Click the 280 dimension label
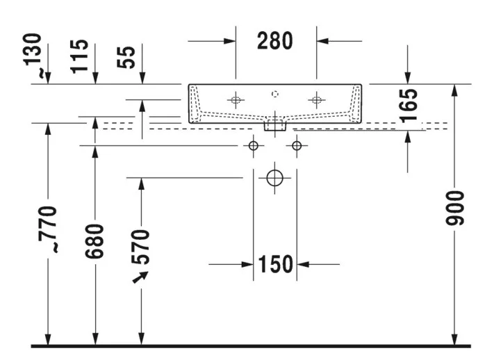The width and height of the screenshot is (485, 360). pos(274,41)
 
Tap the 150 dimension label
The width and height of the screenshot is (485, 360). pos(275,264)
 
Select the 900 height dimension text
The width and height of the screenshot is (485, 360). pos(455,208)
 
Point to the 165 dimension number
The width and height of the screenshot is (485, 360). pos(409,106)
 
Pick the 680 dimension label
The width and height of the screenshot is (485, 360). pos(94,242)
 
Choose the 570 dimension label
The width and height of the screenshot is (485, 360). pos(141,247)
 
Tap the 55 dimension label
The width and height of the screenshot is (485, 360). pos(126,57)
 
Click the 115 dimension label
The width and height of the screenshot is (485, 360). pos(79,56)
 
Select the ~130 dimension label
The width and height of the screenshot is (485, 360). pos(33,55)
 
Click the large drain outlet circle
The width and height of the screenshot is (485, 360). pos(274,178)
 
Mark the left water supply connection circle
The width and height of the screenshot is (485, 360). pos(254,145)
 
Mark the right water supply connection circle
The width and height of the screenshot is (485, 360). pos(297,145)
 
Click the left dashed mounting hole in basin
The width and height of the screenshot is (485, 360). pos(236,100)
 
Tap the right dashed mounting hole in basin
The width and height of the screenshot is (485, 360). pos(316,100)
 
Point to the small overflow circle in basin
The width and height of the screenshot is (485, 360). pos(274,94)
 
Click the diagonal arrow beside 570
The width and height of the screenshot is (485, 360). pos(140,277)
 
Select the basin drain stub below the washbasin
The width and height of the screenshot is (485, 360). pos(275,125)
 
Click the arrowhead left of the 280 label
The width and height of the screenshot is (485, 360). pos(230,41)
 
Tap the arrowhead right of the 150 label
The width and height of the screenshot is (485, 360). pos(303,264)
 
